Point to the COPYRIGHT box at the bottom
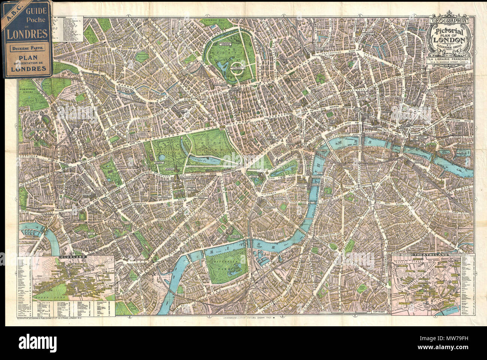coord(381,311)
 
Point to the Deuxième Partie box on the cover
coord(26,48)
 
